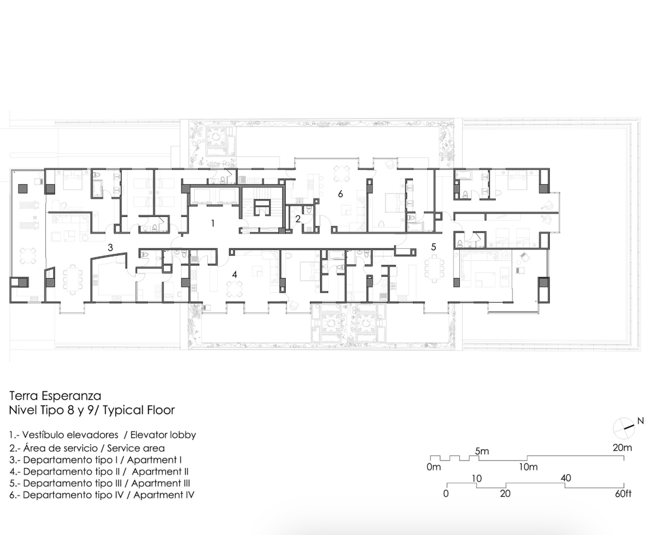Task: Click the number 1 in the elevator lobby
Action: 213,223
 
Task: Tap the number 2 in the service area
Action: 298,219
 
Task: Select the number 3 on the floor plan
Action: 111,248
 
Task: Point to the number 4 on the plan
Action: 235,274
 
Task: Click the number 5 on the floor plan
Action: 434,247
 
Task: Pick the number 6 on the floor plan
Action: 340,194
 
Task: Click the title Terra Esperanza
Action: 55,396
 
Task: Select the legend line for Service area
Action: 87,448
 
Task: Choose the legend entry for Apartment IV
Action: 102,494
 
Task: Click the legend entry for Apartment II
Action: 99,471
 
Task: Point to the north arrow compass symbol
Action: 624,428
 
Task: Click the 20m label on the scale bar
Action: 623,447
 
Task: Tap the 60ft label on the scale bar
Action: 623,494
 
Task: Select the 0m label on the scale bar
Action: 434,467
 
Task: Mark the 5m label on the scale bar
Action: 482,451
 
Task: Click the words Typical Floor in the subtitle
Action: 139,410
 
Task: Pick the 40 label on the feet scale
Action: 566,478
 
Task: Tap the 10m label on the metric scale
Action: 529,467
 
